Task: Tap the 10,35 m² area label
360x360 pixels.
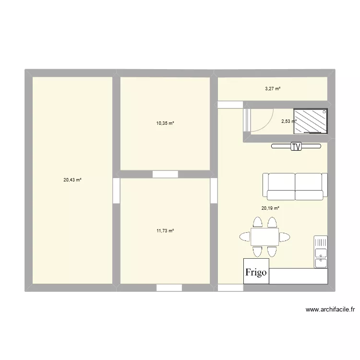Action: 165,123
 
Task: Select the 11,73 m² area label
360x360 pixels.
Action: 165,231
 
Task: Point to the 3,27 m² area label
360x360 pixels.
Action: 273,88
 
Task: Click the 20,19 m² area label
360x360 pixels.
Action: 270,208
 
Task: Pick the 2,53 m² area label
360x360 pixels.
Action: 289,121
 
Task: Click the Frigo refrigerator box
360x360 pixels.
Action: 256,273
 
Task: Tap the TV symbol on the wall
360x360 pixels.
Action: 297,147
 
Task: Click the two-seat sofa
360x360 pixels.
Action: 295,186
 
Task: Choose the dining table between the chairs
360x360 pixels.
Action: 264,237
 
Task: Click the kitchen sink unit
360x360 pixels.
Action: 321,252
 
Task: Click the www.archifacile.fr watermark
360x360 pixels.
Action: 330,310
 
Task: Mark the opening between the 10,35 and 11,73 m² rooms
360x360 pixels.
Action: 165,174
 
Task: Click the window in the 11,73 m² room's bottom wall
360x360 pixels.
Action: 169,287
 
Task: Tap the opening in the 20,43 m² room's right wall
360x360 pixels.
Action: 116,190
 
